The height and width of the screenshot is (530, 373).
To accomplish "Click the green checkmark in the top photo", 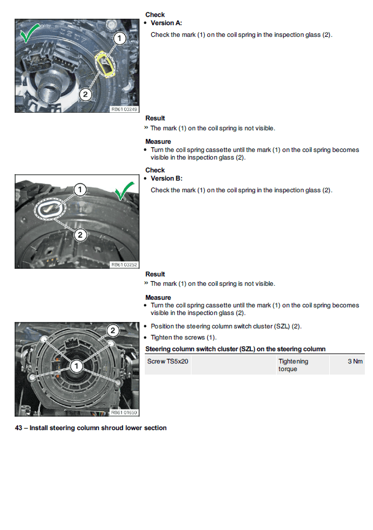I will (x=30, y=34).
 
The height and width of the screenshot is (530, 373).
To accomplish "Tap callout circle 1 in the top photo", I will (x=119, y=39).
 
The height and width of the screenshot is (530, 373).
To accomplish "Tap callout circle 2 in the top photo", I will (x=85, y=93).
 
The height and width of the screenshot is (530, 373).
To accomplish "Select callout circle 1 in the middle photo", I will (x=80, y=189).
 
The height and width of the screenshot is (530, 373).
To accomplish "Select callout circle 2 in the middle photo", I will (x=80, y=235).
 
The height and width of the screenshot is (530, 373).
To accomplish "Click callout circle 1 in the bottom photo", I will (x=76, y=366).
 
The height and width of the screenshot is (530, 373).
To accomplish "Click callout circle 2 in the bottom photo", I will (x=114, y=331).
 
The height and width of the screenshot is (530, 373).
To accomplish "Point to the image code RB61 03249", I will (x=123, y=109).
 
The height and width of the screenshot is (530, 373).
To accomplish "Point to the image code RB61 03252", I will (x=123, y=265).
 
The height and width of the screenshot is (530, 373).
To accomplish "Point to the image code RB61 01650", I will (x=123, y=413).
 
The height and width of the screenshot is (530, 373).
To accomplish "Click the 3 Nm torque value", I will (x=355, y=362).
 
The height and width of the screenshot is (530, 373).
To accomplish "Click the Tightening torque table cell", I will (x=293, y=365).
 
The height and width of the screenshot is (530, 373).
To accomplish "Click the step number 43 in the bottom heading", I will (x=18, y=428).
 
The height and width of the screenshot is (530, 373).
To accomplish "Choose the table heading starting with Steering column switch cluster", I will (x=235, y=349).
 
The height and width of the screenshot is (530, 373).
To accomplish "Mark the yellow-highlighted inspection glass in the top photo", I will (x=106, y=63).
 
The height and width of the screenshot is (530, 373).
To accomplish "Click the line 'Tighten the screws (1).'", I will (x=183, y=337).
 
